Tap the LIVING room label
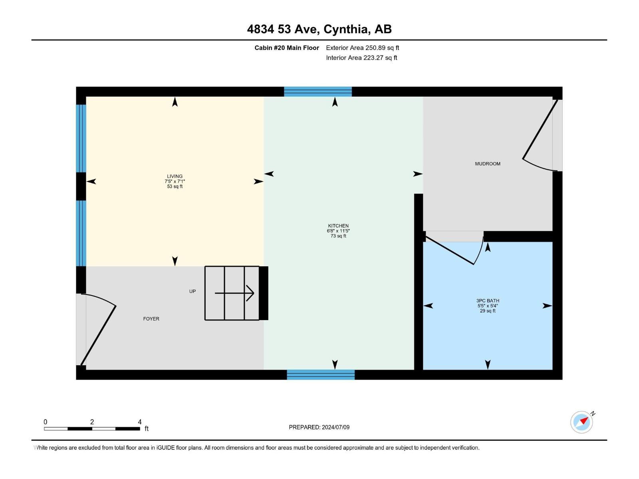(x=175, y=176)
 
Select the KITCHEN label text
(x=338, y=226)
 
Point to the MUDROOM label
(x=488, y=164)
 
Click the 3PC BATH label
(x=488, y=301)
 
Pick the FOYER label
(x=151, y=319)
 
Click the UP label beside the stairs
(x=192, y=291)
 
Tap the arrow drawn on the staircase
(x=234, y=293)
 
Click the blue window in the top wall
(x=318, y=92)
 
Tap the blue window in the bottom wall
(x=321, y=374)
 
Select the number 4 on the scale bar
(x=140, y=422)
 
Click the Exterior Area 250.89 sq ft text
(x=363, y=48)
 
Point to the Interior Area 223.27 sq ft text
(x=361, y=57)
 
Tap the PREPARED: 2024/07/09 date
(x=319, y=427)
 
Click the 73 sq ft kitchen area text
(x=338, y=236)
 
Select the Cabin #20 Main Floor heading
(x=287, y=48)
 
